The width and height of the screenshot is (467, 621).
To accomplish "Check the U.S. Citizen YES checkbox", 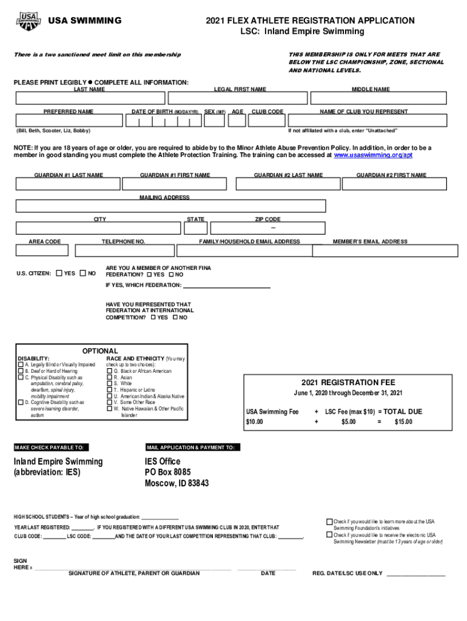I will [x=59, y=274].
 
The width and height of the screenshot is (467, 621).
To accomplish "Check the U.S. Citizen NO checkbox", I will [x=84, y=274].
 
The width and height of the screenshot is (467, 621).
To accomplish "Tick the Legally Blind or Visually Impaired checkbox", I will [x=21, y=365].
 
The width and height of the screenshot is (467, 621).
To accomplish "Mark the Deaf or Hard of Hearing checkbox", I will [x=21, y=371].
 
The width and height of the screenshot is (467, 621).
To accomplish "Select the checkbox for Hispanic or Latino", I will [x=110, y=390].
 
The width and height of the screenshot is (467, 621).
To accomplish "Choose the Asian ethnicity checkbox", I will [x=110, y=377].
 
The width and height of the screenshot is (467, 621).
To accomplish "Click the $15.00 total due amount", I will [x=403, y=421].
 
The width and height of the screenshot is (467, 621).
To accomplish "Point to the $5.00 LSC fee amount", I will [x=348, y=421].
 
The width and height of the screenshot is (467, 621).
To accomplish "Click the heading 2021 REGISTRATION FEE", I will [x=348, y=383].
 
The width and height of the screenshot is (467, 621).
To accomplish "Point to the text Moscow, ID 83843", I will [x=176, y=483].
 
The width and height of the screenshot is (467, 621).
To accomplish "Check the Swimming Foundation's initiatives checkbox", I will [x=329, y=522].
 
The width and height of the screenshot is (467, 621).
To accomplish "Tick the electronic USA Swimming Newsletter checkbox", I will [x=329, y=535].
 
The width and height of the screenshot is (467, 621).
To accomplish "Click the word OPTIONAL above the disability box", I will [x=100, y=351].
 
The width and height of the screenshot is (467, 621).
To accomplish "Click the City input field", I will [x=98, y=228].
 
